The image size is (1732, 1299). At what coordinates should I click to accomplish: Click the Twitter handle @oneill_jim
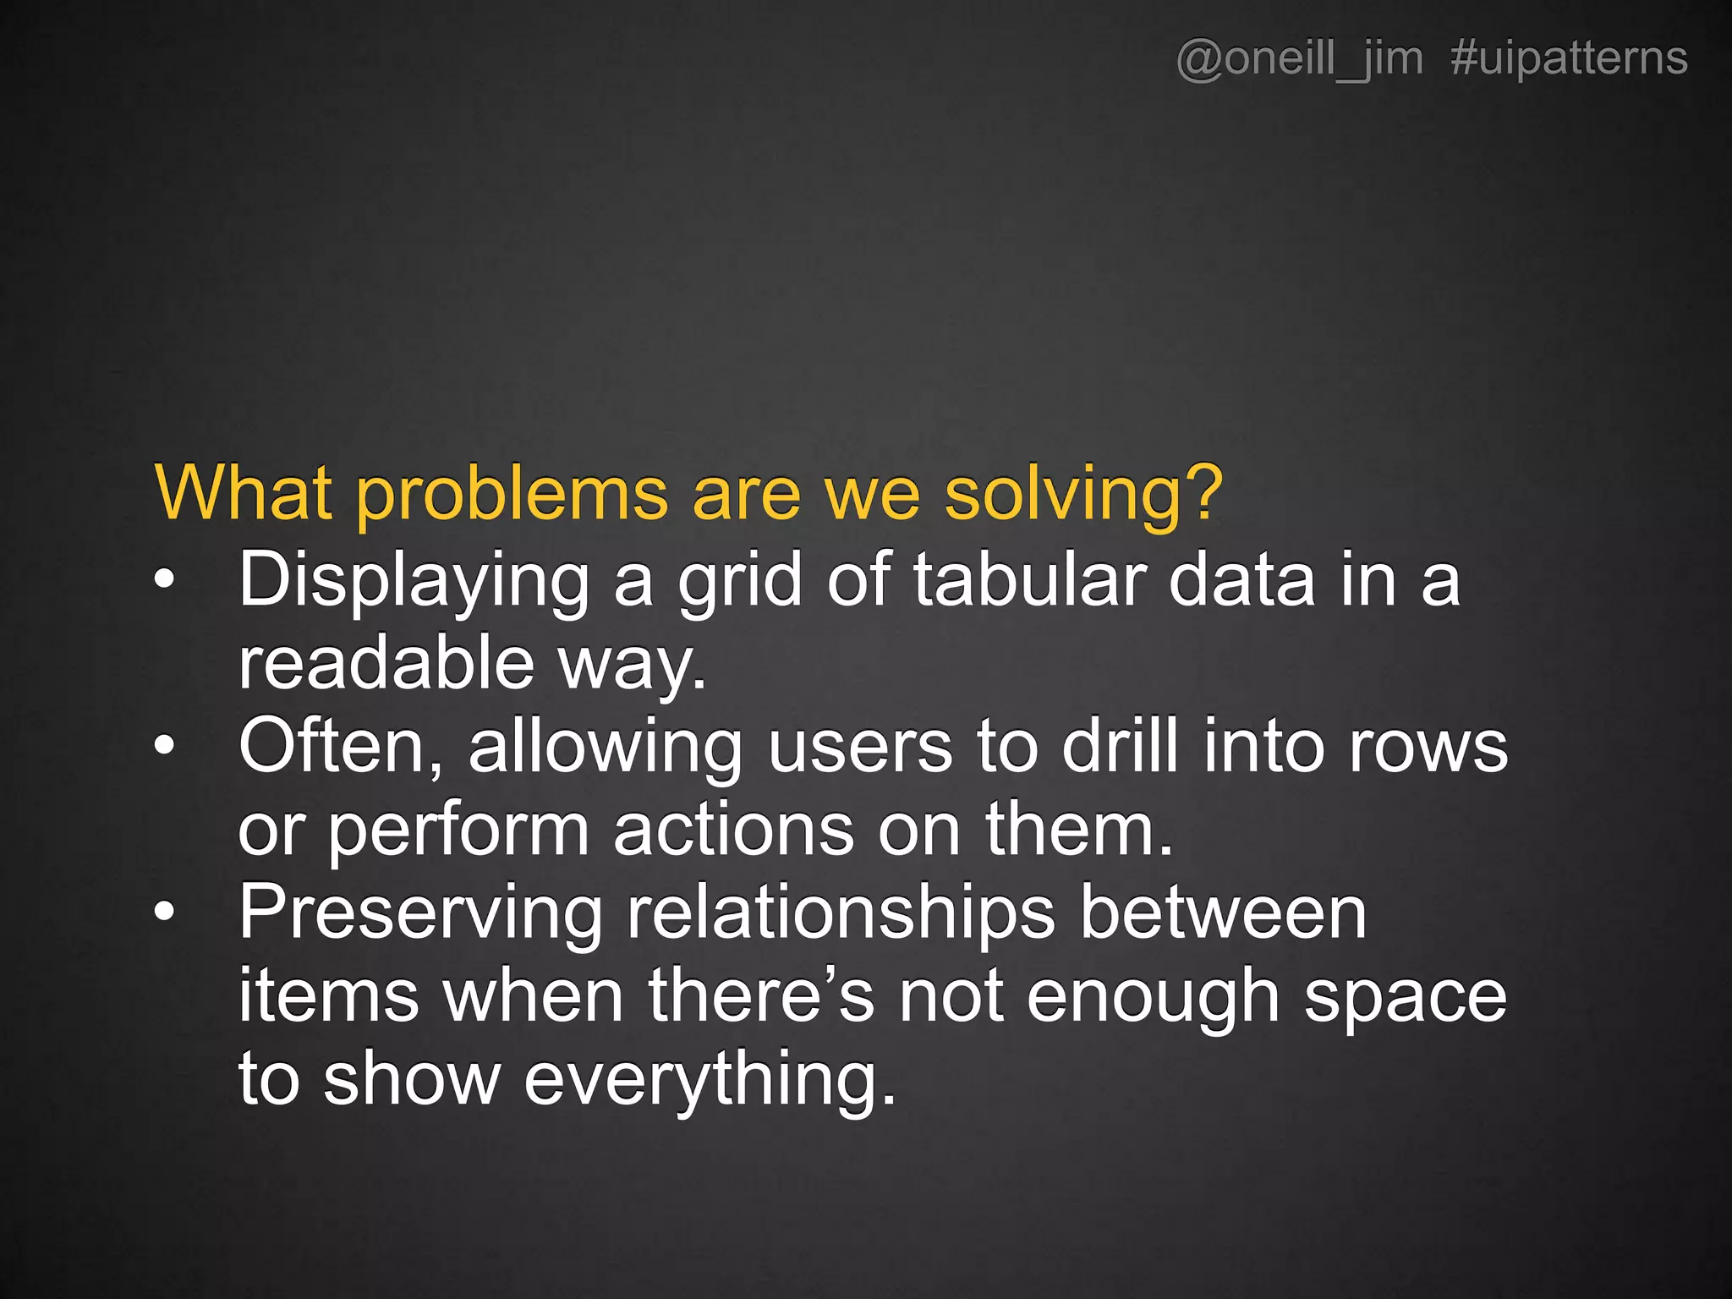(1299, 59)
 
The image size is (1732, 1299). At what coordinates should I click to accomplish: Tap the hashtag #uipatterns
(1569, 59)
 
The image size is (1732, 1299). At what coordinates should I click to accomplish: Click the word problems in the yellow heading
(512, 494)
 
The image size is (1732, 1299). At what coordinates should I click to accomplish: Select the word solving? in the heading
(1083, 494)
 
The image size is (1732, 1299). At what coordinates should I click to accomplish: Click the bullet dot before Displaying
(165, 579)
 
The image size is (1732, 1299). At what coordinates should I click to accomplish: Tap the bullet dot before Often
(165, 745)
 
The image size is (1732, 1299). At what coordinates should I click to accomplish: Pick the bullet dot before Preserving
(165, 912)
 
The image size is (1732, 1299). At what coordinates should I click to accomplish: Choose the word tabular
(1029, 579)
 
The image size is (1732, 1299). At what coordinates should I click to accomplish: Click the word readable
(386, 663)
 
